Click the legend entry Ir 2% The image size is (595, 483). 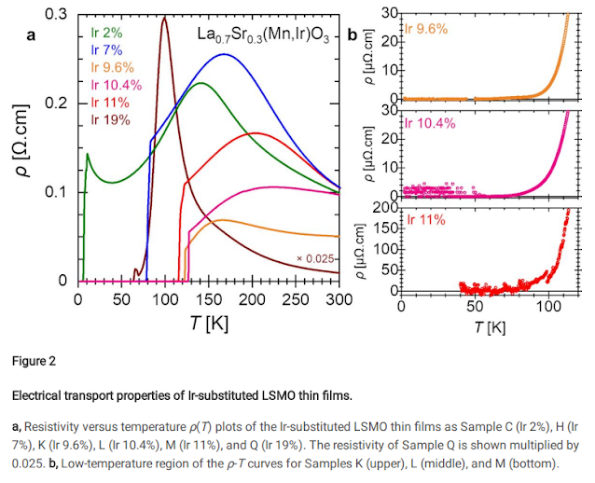(107, 32)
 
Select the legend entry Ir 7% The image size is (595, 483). (107, 48)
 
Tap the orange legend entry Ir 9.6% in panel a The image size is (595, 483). (113, 66)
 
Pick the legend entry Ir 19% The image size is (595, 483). (110, 119)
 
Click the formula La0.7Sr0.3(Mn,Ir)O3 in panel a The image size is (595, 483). (263, 36)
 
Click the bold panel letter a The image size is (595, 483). (31, 36)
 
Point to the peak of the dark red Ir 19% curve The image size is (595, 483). (164, 17)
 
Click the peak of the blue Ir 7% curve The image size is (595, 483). (224, 54)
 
